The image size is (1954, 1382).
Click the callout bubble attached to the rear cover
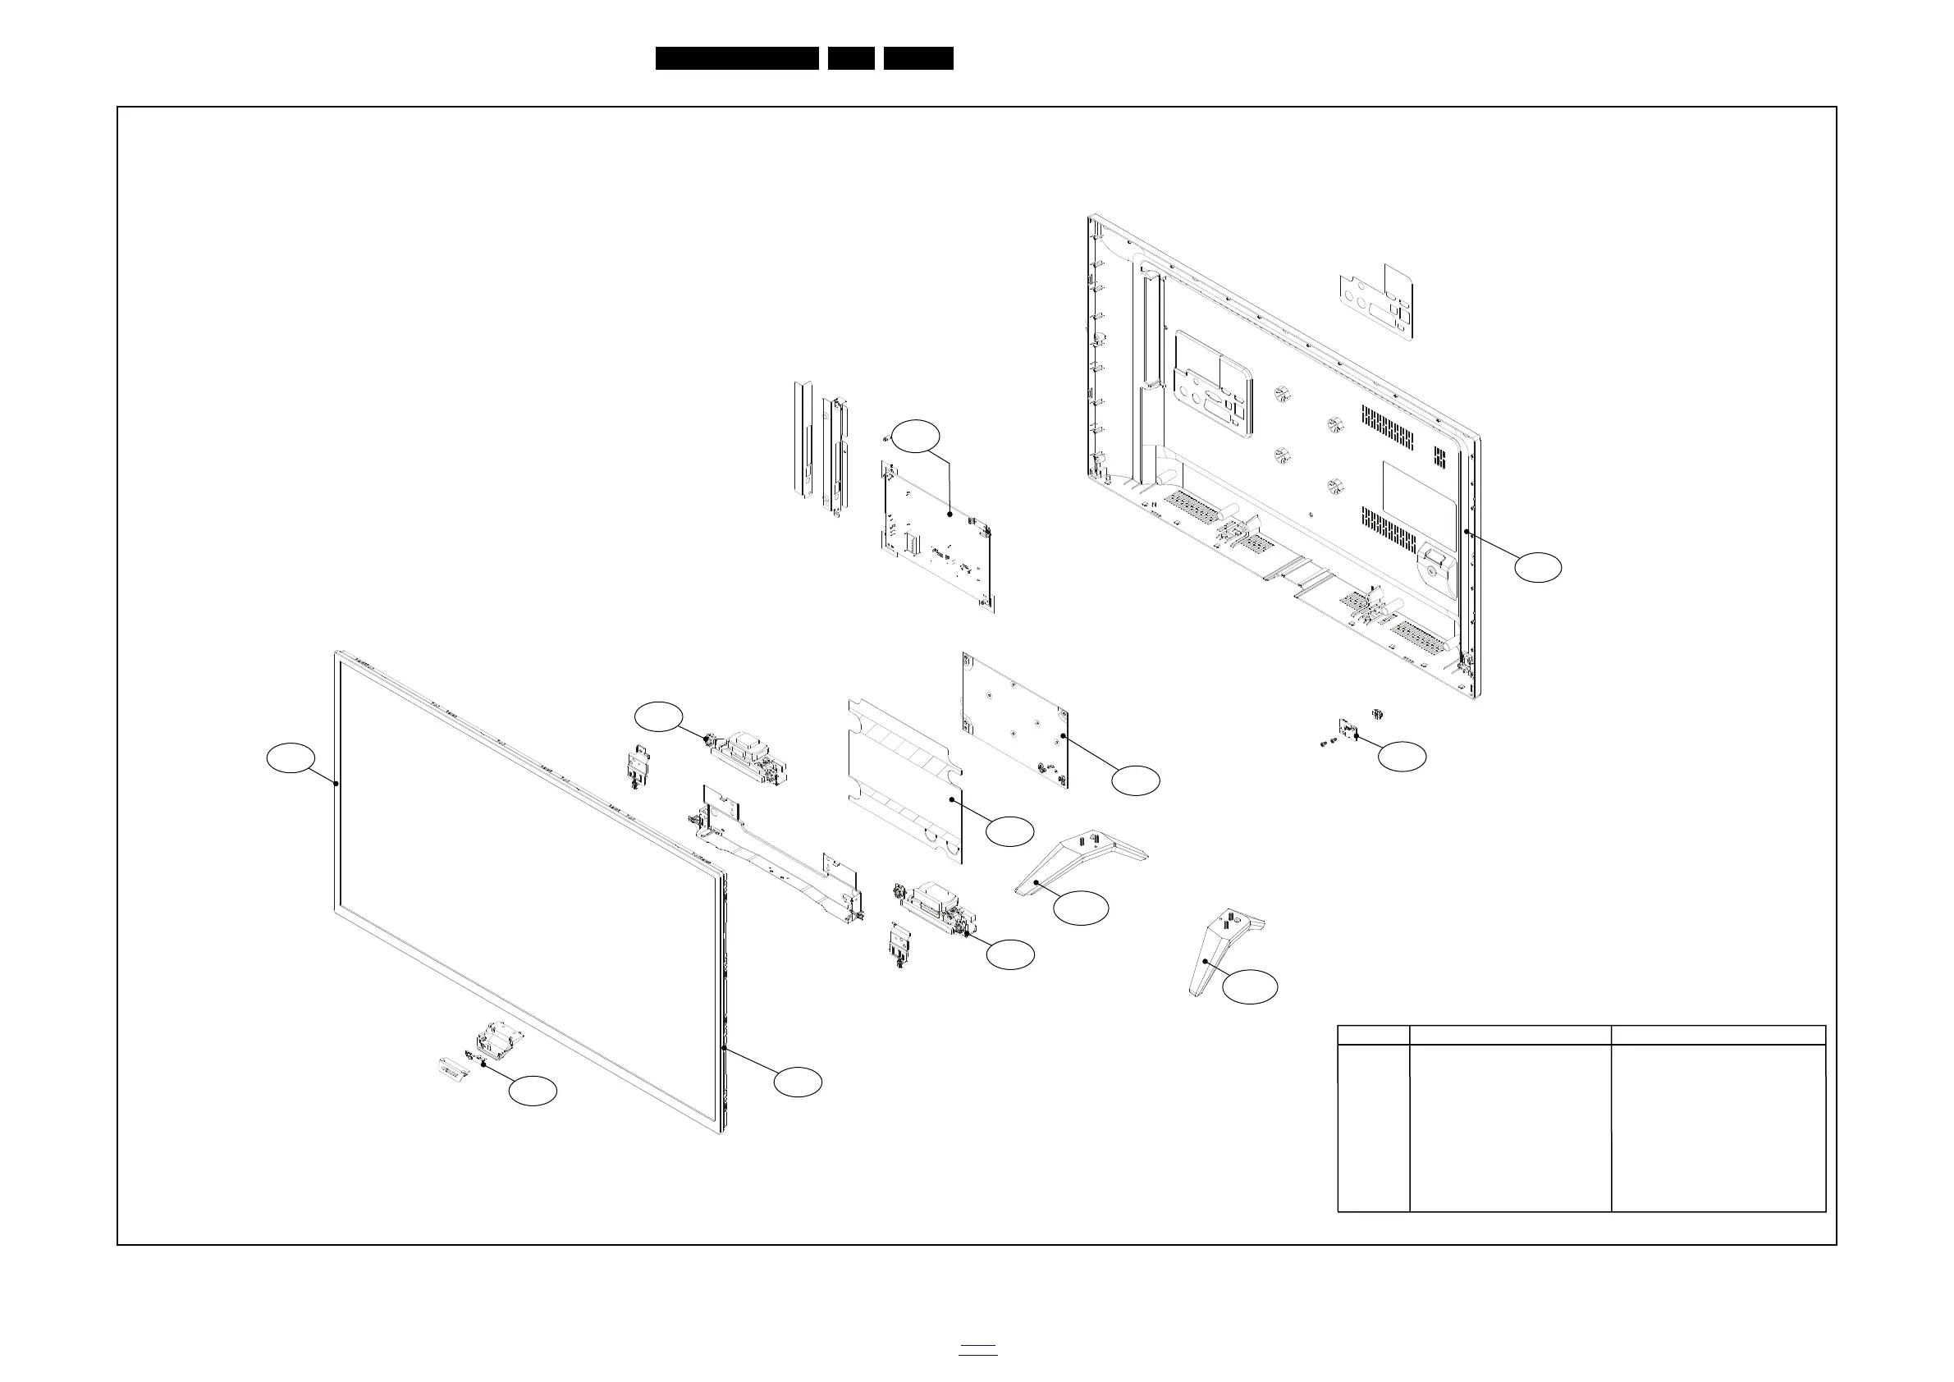pyautogui.click(x=1538, y=568)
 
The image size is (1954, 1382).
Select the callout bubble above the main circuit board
pyautogui.click(x=917, y=436)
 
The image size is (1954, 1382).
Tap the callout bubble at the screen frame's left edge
pyautogui.click(x=291, y=758)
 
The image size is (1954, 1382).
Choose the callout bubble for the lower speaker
pyautogui.click(x=1010, y=955)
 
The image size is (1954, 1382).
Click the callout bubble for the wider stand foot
pyautogui.click(x=1081, y=908)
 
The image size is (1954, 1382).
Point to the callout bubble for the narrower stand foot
pyautogui.click(x=1250, y=987)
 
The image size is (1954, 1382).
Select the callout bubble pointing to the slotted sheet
pyautogui.click(x=1010, y=831)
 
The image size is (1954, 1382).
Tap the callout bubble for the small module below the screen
pyautogui.click(x=533, y=1091)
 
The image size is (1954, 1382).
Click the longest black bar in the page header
pyautogui.click(x=737, y=58)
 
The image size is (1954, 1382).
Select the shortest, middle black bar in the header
pyautogui.click(x=851, y=58)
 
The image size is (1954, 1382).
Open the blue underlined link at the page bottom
pyautogui.click(x=978, y=1349)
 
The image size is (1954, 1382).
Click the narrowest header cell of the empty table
pyautogui.click(x=1374, y=1035)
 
